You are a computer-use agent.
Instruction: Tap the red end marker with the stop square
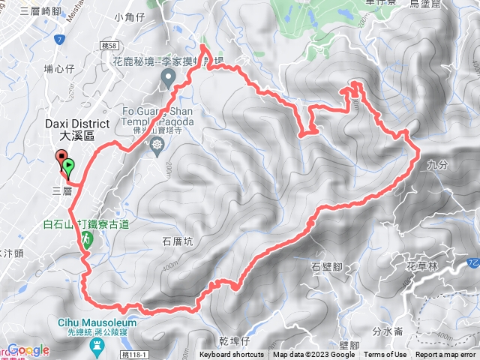tap(60, 157)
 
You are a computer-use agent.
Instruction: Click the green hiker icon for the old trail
tap(87, 239)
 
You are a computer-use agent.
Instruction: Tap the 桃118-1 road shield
tap(143, 354)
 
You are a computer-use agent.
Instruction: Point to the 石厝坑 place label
tap(178, 241)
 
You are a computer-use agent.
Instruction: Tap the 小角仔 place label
tap(129, 35)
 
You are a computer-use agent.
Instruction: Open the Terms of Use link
tap(385, 355)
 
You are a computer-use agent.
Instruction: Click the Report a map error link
tap(447, 355)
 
